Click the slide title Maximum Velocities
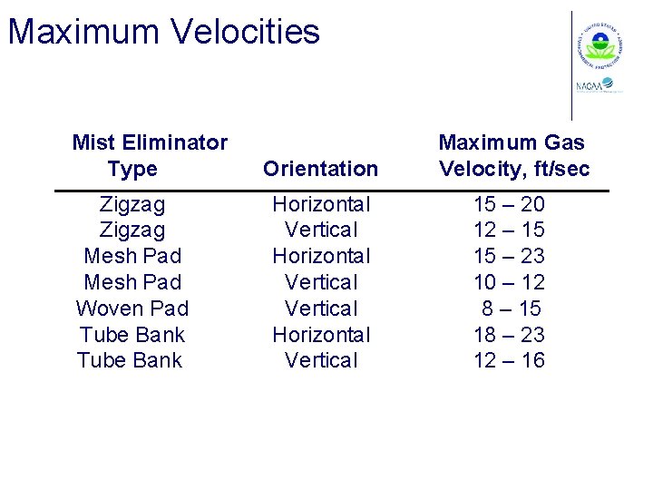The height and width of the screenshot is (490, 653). [x=164, y=32]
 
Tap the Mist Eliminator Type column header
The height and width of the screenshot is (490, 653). [x=150, y=155]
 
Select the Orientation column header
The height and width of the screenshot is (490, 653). [x=320, y=169]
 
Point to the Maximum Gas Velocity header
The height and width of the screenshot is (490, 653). [x=513, y=155]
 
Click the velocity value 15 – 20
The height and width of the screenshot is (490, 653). [x=509, y=204]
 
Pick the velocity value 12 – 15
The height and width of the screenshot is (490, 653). [x=509, y=230]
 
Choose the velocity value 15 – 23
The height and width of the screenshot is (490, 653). [x=509, y=256]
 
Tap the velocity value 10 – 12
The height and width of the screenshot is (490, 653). [x=509, y=282]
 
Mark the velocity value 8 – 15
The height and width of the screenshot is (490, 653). [x=512, y=309]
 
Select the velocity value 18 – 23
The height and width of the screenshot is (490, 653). [x=509, y=335]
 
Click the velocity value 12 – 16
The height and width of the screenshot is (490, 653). [x=509, y=360]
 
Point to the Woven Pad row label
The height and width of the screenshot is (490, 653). [x=132, y=309]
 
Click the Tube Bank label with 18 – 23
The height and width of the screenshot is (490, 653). [x=132, y=335]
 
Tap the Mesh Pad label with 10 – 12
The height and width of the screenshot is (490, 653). [x=132, y=282]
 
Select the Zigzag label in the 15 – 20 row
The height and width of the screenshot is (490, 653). [x=132, y=204]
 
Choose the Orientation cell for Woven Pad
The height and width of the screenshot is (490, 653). [x=321, y=309]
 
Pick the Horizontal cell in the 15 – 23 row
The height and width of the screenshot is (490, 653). [x=321, y=256]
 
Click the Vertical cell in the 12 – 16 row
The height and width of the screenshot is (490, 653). [x=321, y=360]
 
